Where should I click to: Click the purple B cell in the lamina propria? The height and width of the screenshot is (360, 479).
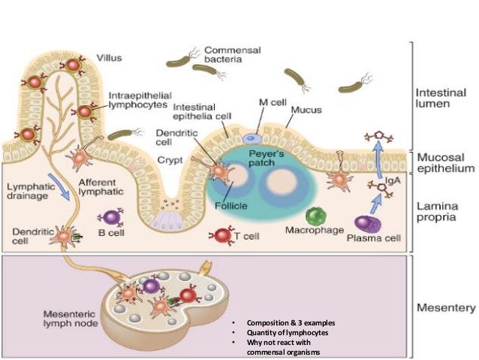[112, 217]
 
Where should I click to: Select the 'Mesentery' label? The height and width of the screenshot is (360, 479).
[445, 308]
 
